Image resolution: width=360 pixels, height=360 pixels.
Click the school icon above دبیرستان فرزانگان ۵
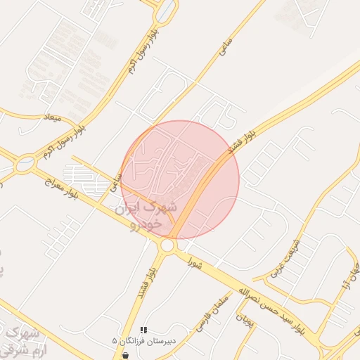click(143, 329)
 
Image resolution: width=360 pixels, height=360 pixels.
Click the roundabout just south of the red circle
click(167, 245)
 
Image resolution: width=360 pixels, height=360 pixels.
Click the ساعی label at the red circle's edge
click(116, 185)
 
